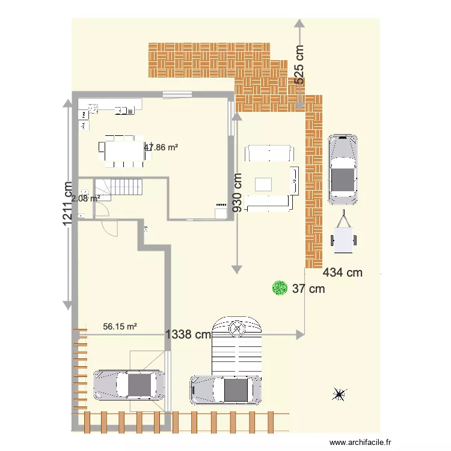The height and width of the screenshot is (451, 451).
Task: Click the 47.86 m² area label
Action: pos(161,147)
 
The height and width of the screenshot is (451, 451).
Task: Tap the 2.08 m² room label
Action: pos(85,197)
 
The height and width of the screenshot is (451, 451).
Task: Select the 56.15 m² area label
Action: pos(120,327)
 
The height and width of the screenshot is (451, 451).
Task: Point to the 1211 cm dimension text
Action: pos(70,204)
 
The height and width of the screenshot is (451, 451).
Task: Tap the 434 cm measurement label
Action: pos(343,272)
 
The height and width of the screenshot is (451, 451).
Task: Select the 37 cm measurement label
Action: pos(308,289)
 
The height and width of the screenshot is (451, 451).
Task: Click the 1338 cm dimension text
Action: pos(188,334)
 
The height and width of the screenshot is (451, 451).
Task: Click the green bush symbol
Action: pos(279,288)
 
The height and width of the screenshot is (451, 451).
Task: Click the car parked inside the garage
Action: pos(129,385)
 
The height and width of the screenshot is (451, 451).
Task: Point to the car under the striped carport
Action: pos(226,389)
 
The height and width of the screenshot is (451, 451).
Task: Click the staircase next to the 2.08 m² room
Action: pos(125,187)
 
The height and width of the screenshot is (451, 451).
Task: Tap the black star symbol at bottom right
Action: pos(339,394)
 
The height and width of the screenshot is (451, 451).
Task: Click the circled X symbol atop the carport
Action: pos(238,328)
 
